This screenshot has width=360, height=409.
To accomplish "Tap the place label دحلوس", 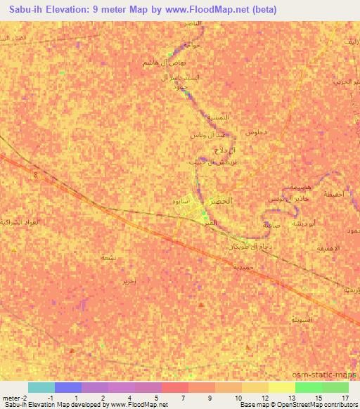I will [255, 133].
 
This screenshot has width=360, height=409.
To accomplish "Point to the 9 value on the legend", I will [209, 398].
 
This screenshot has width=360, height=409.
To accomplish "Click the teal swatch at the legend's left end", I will [41, 387].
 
